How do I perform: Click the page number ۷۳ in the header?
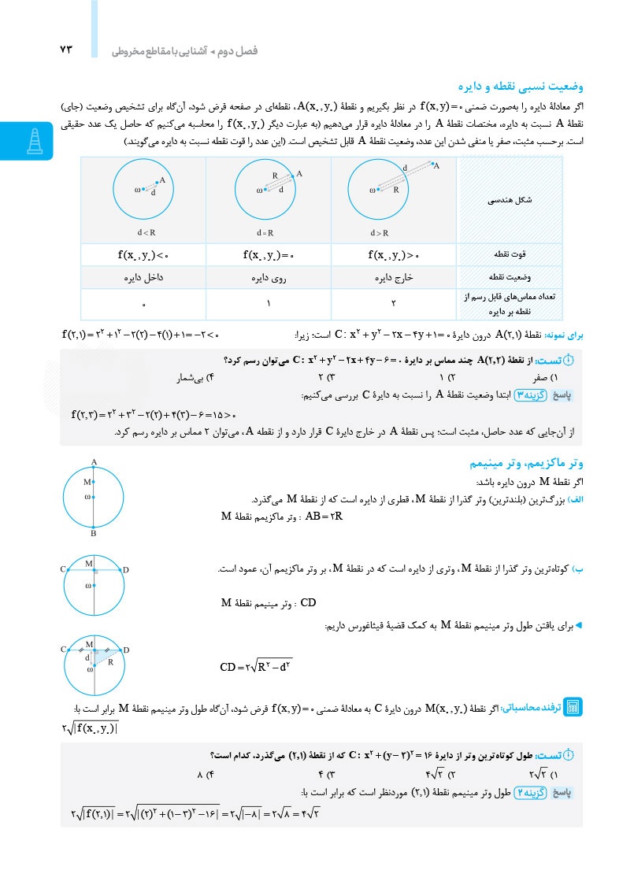point(65,50)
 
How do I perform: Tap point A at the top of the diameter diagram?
point(93,462)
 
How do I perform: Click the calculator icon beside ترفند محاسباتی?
point(573,706)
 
